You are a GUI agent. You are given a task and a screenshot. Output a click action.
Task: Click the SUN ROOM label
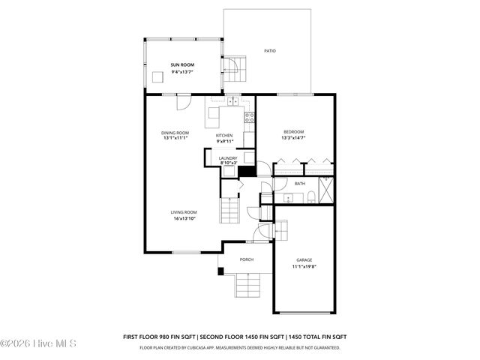coord(182,65)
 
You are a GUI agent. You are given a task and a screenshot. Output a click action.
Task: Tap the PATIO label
coord(270,51)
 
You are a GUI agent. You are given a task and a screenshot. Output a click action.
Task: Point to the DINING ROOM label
coord(175,133)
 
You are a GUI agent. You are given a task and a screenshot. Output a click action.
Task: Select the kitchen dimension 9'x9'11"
coord(225,141)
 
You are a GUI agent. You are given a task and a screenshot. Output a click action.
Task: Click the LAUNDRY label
coord(228,158)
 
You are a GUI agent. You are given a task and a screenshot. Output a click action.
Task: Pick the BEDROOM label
coord(293,132)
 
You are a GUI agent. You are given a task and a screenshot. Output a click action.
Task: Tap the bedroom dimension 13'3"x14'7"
coord(293,138)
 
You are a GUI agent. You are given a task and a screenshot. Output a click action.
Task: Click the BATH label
coord(300,184)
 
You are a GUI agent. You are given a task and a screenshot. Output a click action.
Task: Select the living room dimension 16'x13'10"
coord(184,218)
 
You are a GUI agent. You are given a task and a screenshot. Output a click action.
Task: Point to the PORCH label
coord(247,259)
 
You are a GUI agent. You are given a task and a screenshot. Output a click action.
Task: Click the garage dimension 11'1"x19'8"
coord(304,266)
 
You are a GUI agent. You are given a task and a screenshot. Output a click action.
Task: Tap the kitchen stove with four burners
coord(250,117)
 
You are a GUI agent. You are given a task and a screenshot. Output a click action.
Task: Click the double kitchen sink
coord(233,100)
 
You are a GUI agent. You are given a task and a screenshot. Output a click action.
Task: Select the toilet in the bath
coord(310,198)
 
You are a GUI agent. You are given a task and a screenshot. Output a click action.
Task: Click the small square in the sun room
coord(157,76)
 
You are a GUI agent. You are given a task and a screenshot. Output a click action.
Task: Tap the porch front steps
coord(247,285)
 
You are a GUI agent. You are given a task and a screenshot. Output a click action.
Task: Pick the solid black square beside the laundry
coord(243,170)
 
